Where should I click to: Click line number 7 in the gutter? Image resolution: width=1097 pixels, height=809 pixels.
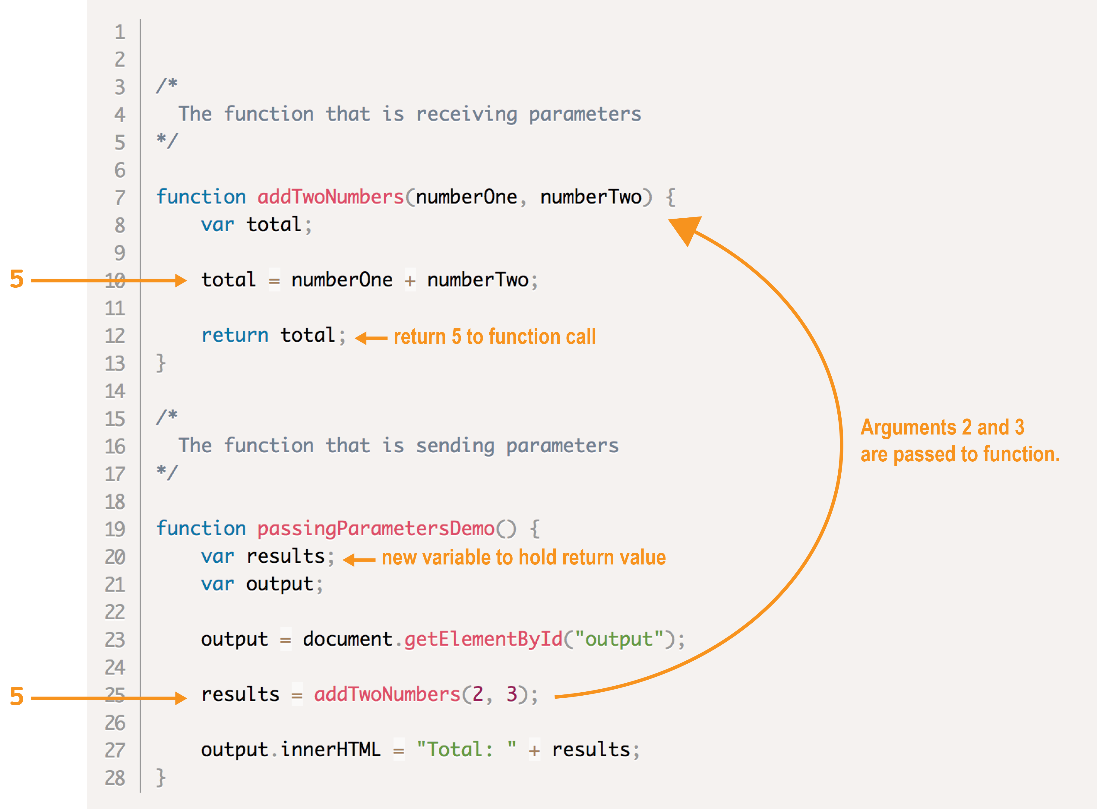pyautogui.click(x=119, y=198)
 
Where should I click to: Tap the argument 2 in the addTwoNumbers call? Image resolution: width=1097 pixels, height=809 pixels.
pyautogui.click(x=478, y=694)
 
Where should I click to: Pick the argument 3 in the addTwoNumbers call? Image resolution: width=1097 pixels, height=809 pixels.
pyautogui.click(x=512, y=694)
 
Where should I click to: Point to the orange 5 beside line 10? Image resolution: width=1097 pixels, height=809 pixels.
pyautogui.click(x=17, y=279)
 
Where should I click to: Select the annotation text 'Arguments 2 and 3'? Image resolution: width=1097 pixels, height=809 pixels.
pyautogui.click(x=942, y=428)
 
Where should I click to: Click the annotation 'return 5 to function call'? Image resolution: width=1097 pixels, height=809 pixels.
pyautogui.click(x=495, y=337)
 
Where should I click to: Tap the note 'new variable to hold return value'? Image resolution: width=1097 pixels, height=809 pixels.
pyautogui.click(x=523, y=558)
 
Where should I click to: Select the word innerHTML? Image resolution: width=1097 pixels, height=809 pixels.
pyautogui.click(x=330, y=750)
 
